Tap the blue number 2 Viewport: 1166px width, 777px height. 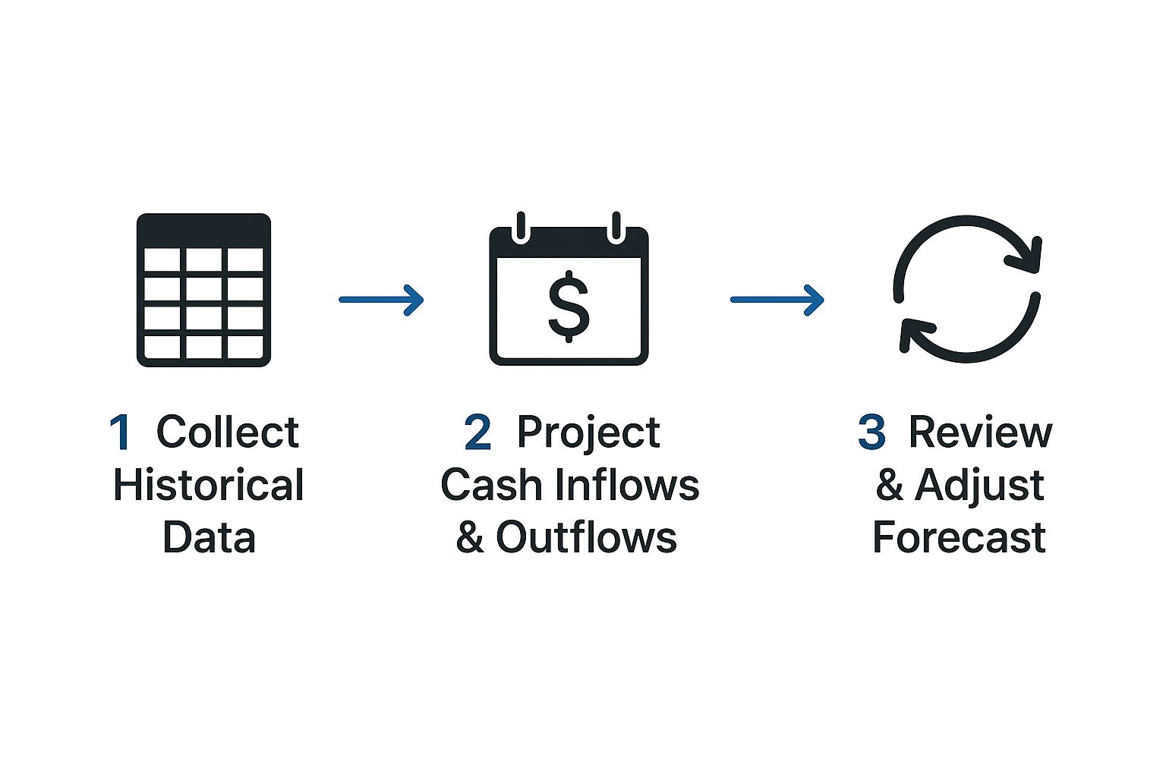coord(477,433)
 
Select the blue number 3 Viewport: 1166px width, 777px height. coord(871,433)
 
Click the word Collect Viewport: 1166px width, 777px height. coord(227,433)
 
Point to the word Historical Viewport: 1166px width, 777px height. coord(208,486)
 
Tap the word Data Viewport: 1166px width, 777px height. coord(209,537)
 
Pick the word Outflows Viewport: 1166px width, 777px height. coord(586,537)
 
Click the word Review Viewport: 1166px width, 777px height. coord(980,433)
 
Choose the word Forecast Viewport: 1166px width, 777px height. coord(959,537)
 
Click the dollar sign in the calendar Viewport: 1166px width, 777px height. coord(569,306)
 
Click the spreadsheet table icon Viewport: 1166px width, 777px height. coord(203,290)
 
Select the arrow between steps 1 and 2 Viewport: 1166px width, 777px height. coord(381,300)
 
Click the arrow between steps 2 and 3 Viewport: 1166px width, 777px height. coord(777,300)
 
